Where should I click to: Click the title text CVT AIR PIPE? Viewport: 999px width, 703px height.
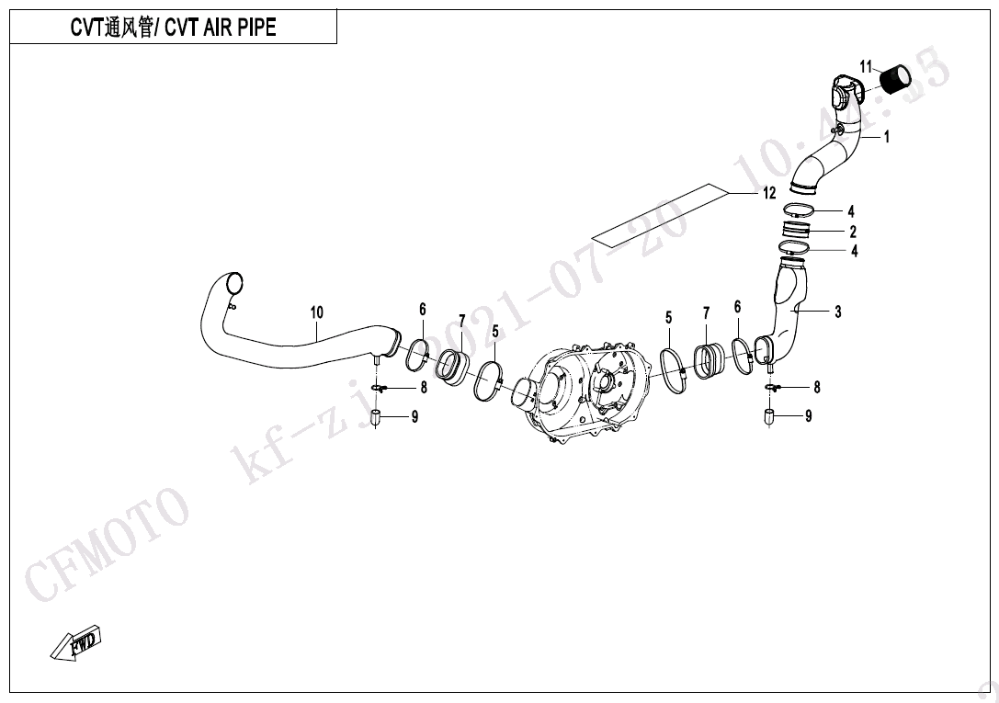coord(221,28)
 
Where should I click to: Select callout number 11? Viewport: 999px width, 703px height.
coord(865,67)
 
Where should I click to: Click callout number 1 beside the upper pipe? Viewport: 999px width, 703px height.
coord(886,137)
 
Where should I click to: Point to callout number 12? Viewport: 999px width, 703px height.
coord(769,193)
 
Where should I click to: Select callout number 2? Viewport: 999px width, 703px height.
coord(853,232)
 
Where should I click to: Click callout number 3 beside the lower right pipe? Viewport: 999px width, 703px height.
coord(838,312)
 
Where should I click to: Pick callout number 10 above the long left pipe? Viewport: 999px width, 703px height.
coord(317,312)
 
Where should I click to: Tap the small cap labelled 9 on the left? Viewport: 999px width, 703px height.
coord(377,418)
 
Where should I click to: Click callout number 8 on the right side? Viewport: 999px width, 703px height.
coord(817,387)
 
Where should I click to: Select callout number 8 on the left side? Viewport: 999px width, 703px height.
coord(424,388)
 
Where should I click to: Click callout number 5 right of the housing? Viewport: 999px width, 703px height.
coord(668,317)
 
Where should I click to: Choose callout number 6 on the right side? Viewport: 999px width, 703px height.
coord(737,307)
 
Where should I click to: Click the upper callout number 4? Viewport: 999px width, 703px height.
coord(850,210)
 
